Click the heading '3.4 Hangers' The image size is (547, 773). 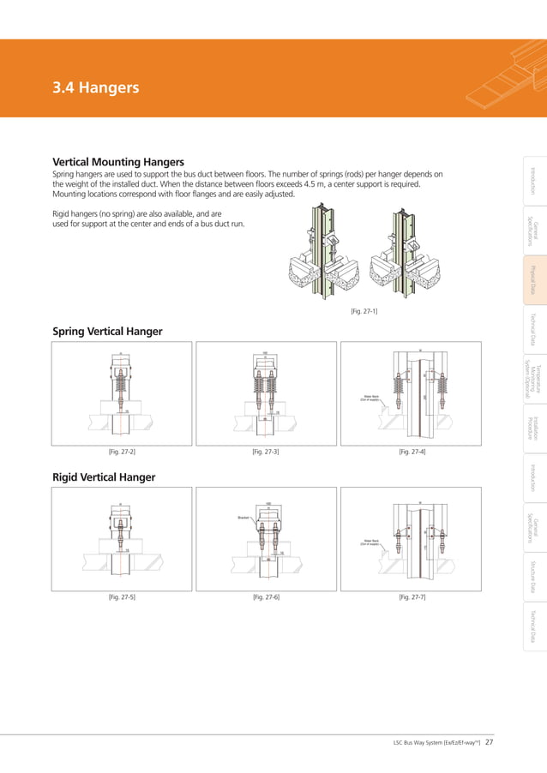pyautogui.click(x=95, y=87)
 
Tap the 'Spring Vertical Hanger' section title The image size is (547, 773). pyautogui.click(x=107, y=332)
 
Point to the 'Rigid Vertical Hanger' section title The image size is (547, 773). pyautogui.click(x=105, y=476)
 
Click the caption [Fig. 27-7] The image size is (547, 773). pyautogui.click(x=412, y=596)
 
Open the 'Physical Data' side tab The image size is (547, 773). pyautogui.click(x=532, y=280)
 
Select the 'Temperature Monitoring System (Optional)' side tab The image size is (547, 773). pyautogui.click(x=532, y=375)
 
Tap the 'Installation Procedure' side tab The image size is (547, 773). pyautogui.click(x=532, y=426)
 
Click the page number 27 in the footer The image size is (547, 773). pyautogui.click(x=489, y=742)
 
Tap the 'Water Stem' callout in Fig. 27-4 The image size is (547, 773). pyautogui.click(x=370, y=397)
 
